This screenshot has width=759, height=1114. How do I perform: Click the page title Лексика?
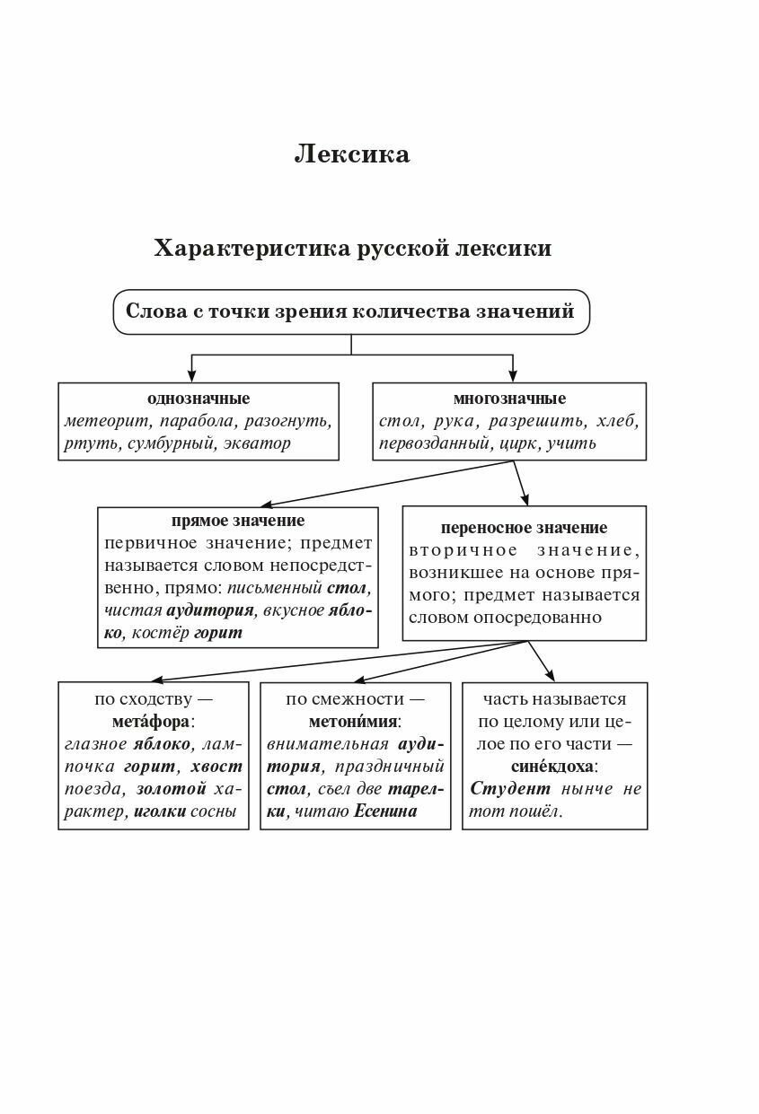tap(352, 154)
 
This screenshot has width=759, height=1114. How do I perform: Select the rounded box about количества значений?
tap(350, 312)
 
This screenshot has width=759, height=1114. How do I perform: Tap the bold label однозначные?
tap(199, 399)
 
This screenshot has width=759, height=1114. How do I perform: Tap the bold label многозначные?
tap(509, 399)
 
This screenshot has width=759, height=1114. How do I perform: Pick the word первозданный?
tap(434, 443)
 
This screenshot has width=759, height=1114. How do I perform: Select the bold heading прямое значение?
tap(238, 521)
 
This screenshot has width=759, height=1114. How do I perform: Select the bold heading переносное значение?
tap(525, 528)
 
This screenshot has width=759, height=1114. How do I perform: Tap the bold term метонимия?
tap(355, 721)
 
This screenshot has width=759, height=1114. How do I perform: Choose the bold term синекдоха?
tap(553, 767)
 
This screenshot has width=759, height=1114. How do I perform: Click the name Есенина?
tap(386, 811)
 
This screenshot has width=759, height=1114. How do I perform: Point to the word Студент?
tap(510, 789)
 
